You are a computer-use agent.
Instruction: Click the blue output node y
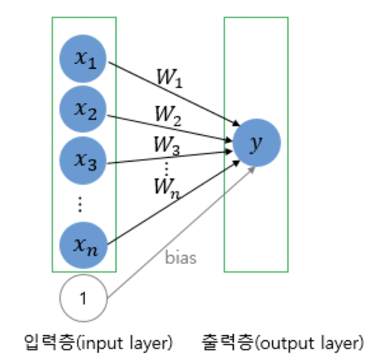256,143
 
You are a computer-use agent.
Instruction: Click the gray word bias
181,259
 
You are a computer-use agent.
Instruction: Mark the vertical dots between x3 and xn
80,203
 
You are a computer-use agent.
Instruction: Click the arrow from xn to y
170,204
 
